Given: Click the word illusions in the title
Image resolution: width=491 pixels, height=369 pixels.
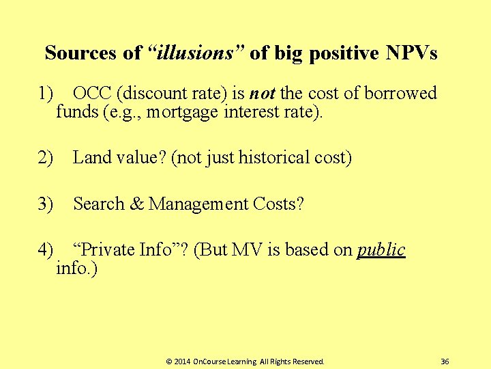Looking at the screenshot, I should tap(197, 53).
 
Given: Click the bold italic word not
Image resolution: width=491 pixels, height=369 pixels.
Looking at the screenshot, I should tap(262, 94).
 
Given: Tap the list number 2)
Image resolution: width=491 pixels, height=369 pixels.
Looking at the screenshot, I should tap(46, 158).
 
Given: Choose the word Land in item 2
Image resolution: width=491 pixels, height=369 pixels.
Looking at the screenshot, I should tap(91, 158).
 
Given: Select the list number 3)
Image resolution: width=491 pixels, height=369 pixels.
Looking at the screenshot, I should tap(46, 204).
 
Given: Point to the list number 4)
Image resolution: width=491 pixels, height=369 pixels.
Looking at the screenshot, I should tap(46, 249).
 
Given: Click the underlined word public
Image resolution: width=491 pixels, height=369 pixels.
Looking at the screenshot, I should tap(381, 250).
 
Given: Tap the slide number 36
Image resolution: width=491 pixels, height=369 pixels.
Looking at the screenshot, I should tap(445, 361).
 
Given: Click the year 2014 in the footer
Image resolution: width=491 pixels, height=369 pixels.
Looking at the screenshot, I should tap(182, 361).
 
